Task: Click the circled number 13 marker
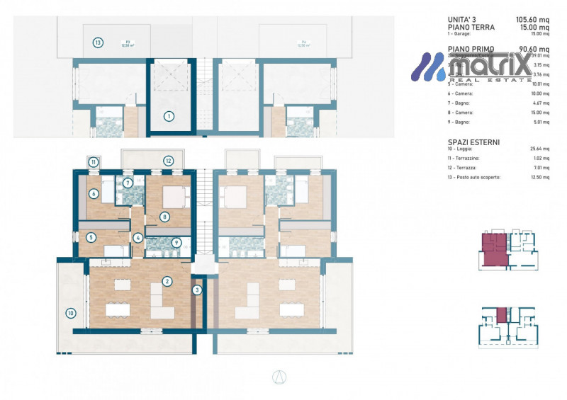pyautogui.click(x=98, y=42)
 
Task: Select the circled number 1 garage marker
pyautogui.click(x=169, y=115)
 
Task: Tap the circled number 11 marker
pyautogui.click(x=94, y=162)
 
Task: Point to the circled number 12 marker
pyautogui.click(x=168, y=161)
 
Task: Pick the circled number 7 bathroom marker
pyautogui.click(x=128, y=183)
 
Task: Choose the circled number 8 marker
pyautogui.click(x=164, y=217)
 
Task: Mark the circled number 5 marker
pyautogui.click(x=91, y=238)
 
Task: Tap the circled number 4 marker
pyautogui.click(x=139, y=238)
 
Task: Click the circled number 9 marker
pyautogui.click(x=176, y=242)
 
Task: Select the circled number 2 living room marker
pyautogui.click(x=167, y=281)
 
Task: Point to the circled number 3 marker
pyautogui.click(x=198, y=289)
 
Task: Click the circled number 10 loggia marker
pyautogui.click(x=70, y=313)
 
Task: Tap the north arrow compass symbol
pyautogui.click(x=277, y=377)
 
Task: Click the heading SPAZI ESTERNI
pyautogui.click(x=474, y=142)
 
